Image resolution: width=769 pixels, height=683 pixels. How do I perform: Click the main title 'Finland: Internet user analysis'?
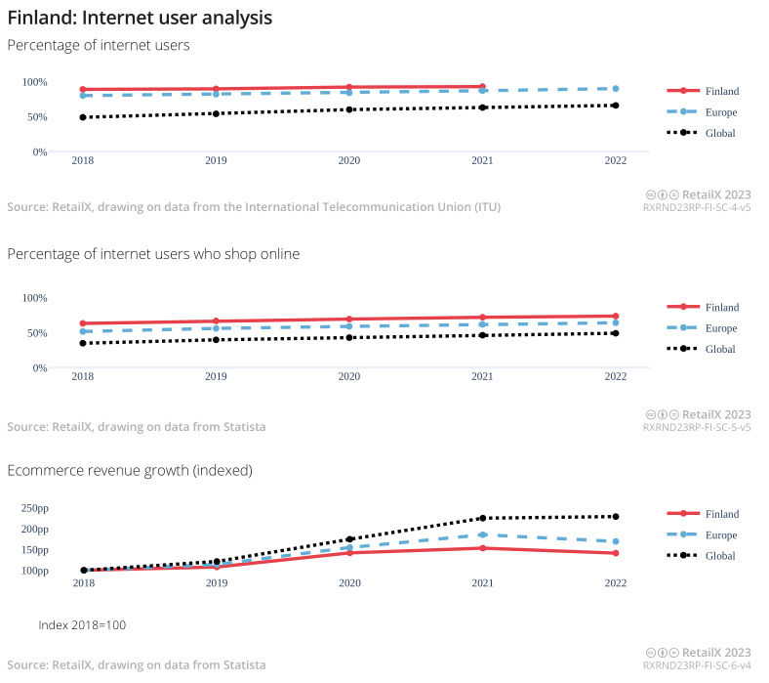click(x=140, y=18)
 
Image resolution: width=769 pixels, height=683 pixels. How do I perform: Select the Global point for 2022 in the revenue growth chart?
click(x=616, y=516)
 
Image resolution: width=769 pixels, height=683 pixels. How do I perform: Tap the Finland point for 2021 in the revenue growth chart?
click(x=482, y=547)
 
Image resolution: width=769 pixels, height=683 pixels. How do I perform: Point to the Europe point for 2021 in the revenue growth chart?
click(x=482, y=534)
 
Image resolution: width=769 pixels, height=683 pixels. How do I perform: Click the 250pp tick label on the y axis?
click(x=34, y=508)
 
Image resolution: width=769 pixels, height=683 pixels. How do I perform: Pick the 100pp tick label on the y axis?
click(x=34, y=571)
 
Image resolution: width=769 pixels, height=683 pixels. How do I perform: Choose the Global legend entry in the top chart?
click(x=720, y=133)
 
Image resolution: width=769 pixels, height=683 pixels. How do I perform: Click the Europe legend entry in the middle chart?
click(x=720, y=328)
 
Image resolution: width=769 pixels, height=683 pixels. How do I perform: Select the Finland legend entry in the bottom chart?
click(x=721, y=514)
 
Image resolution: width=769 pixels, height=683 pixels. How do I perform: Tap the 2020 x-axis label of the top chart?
click(x=349, y=160)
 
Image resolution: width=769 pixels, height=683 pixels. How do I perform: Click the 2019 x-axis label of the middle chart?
click(x=217, y=376)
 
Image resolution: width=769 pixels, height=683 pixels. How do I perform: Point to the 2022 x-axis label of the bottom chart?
click(x=616, y=583)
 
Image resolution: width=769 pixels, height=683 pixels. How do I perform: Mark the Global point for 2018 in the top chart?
click(x=83, y=117)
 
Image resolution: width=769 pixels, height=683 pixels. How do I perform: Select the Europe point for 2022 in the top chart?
click(x=616, y=89)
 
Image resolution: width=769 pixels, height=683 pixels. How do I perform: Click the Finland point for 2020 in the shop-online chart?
click(x=349, y=320)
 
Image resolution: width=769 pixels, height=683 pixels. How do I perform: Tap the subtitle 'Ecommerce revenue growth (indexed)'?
click(x=130, y=470)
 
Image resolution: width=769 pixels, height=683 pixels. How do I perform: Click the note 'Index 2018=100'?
click(x=82, y=624)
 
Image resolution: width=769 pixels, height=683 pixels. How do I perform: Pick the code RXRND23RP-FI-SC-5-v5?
click(x=697, y=427)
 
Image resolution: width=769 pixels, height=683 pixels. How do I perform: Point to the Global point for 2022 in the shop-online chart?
click(x=616, y=333)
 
